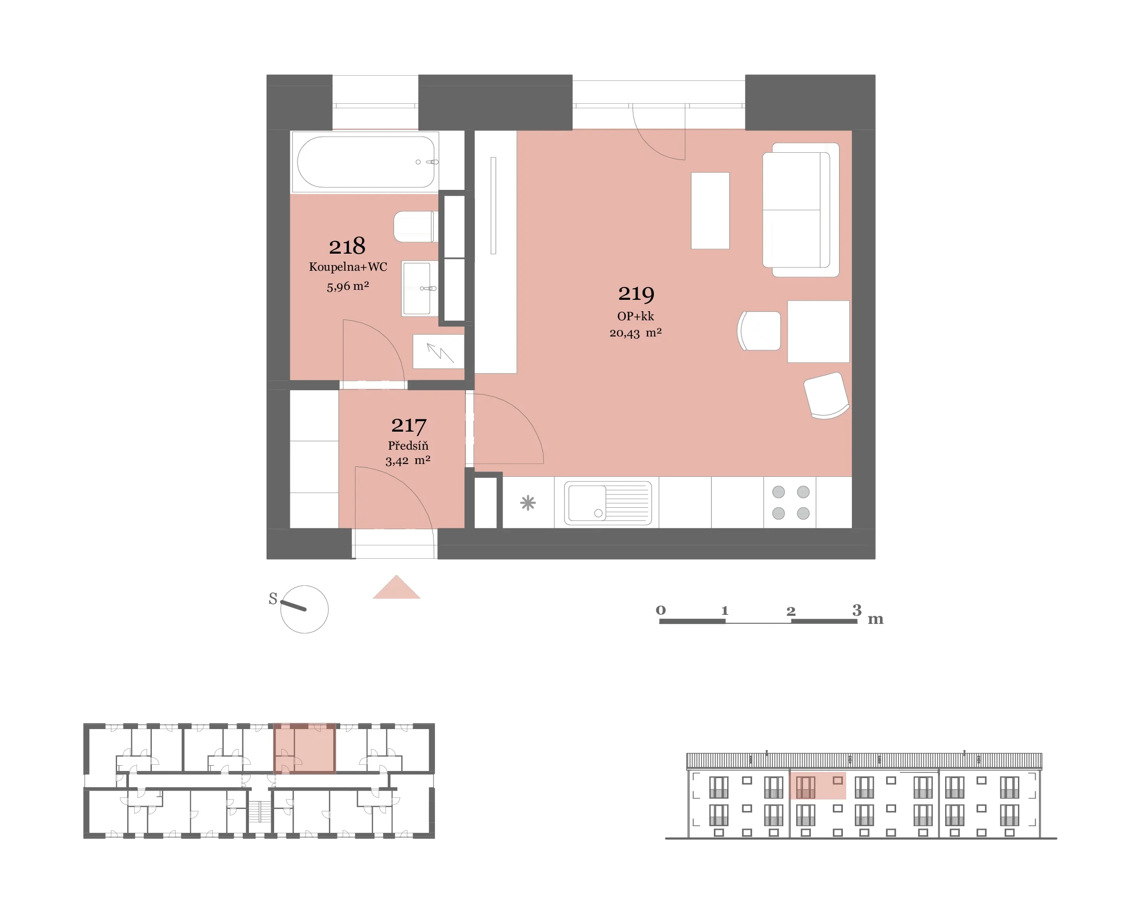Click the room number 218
pyautogui.click(x=347, y=246)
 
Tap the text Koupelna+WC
pyautogui.click(x=348, y=267)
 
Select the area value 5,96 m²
pyautogui.click(x=348, y=286)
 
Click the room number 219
pyautogui.click(x=636, y=294)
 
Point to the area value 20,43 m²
pyautogui.click(x=635, y=333)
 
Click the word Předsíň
pyautogui.click(x=408, y=445)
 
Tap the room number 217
pyautogui.click(x=409, y=425)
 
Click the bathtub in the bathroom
pyautogui.click(x=365, y=162)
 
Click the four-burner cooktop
pyautogui.click(x=790, y=503)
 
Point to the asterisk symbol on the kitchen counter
pyautogui.click(x=528, y=503)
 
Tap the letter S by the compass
pyautogui.click(x=273, y=599)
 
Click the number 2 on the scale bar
pyautogui.click(x=791, y=612)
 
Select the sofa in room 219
pyautogui.click(x=800, y=210)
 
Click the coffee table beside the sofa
pyautogui.click(x=710, y=211)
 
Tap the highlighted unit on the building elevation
pyautogui.click(x=818, y=786)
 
